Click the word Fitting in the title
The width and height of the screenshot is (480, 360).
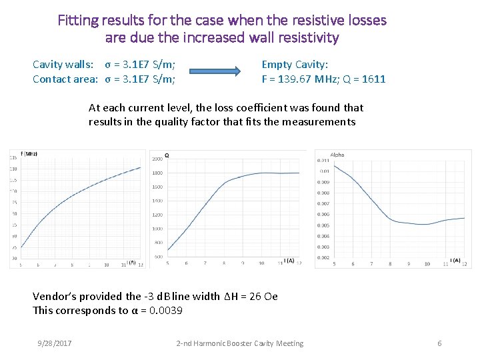(79, 20)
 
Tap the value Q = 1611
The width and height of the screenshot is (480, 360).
(363, 79)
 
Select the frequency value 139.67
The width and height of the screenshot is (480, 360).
(288, 79)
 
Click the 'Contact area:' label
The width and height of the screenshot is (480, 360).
(66, 79)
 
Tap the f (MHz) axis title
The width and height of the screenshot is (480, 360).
(29, 154)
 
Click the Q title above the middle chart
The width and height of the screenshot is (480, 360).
(167, 155)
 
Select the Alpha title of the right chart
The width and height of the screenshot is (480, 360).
(337, 155)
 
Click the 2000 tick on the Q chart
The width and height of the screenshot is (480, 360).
(157, 159)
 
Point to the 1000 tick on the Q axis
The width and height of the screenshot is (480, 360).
(157, 229)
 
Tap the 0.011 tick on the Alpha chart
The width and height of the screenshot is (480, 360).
(323, 160)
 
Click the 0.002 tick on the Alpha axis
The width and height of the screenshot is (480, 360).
(323, 257)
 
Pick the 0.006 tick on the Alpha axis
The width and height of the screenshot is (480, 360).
(323, 214)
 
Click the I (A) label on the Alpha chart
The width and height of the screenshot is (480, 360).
(455, 260)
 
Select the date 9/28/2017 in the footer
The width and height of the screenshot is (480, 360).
(55, 343)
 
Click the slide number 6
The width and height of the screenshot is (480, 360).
(439, 343)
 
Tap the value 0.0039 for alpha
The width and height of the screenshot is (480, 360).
(167, 311)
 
